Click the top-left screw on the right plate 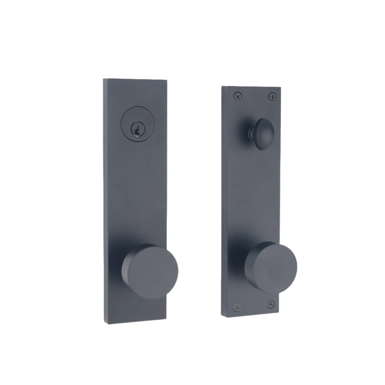point(238,97)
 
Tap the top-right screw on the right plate point(272,97)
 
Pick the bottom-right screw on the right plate point(270,303)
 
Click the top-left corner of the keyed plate point(104,79)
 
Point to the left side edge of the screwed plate point(224,199)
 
